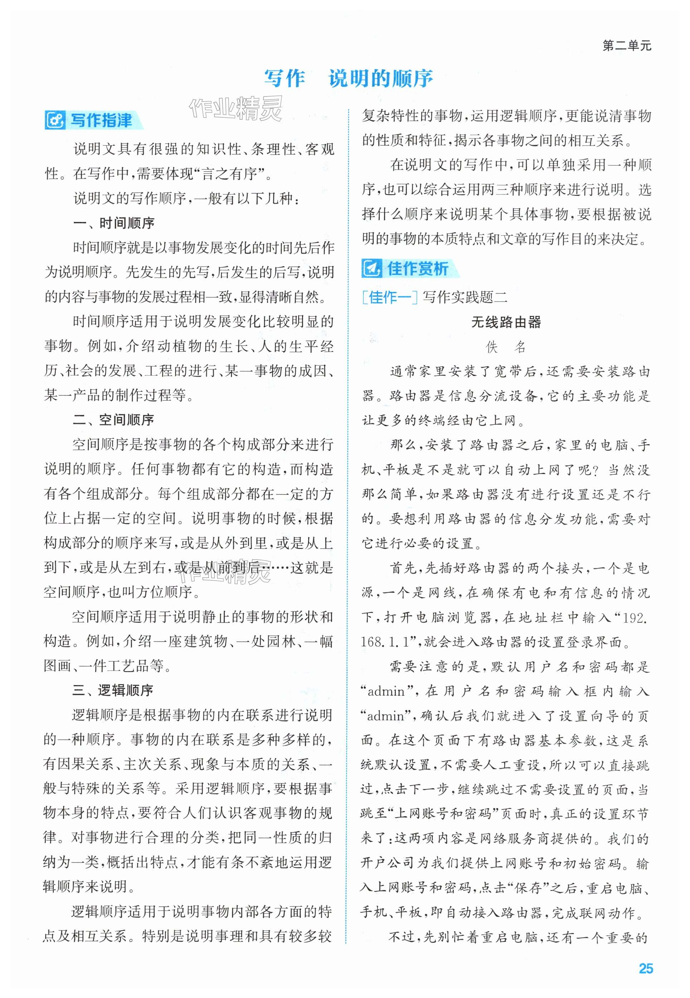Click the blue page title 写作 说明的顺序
point(349,78)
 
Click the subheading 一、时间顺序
point(114,223)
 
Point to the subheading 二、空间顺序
point(114,420)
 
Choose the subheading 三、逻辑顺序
point(113,690)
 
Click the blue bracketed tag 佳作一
point(389,297)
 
